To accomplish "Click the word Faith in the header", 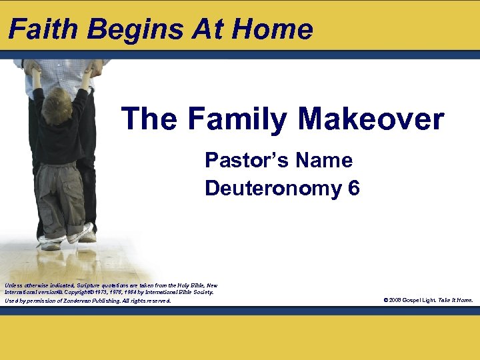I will (x=42, y=29).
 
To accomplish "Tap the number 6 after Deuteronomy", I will (x=353, y=189).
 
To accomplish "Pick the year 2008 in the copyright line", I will (x=396, y=300).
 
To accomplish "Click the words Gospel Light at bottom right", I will (x=421, y=300).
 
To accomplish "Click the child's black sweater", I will (x=60, y=127).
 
